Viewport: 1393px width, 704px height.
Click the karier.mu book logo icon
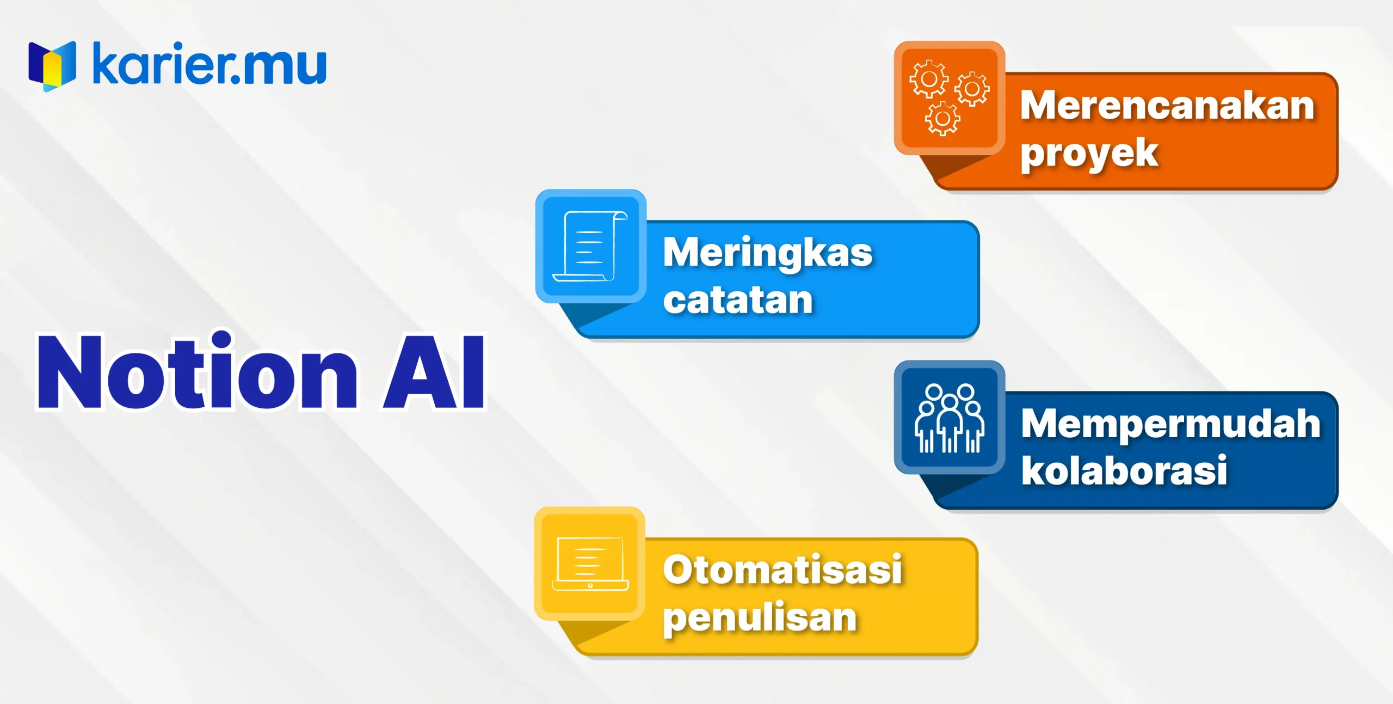(52, 66)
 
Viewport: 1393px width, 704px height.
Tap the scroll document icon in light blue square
(590, 246)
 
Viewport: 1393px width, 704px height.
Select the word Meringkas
(768, 253)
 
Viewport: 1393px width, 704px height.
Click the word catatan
(738, 300)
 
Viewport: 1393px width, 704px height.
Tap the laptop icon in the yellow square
(590, 564)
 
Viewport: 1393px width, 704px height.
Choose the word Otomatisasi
(782, 570)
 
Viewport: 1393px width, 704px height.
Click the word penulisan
(760, 618)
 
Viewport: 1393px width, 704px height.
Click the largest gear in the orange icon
(929, 79)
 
